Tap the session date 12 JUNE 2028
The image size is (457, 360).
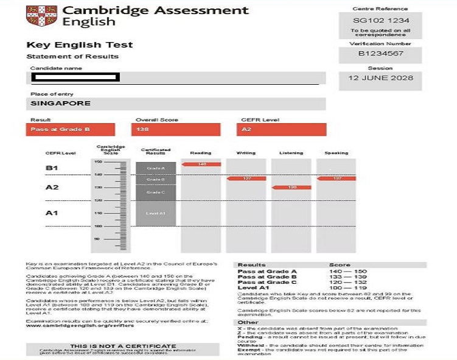tap(380, 78)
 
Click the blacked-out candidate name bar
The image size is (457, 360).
tap(75, 77)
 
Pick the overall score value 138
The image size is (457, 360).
tap(176, 130)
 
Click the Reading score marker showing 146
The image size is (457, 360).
tap(201, 164)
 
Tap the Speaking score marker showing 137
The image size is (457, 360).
tap(336, 178)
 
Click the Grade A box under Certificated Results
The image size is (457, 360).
tap(155, 167)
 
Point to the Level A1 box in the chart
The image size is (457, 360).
tap(155, 213)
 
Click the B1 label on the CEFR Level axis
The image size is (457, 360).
tap(52, 167)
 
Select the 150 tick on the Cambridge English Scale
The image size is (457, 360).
tap(98, 162)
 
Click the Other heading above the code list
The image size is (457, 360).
tap(244, 322)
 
